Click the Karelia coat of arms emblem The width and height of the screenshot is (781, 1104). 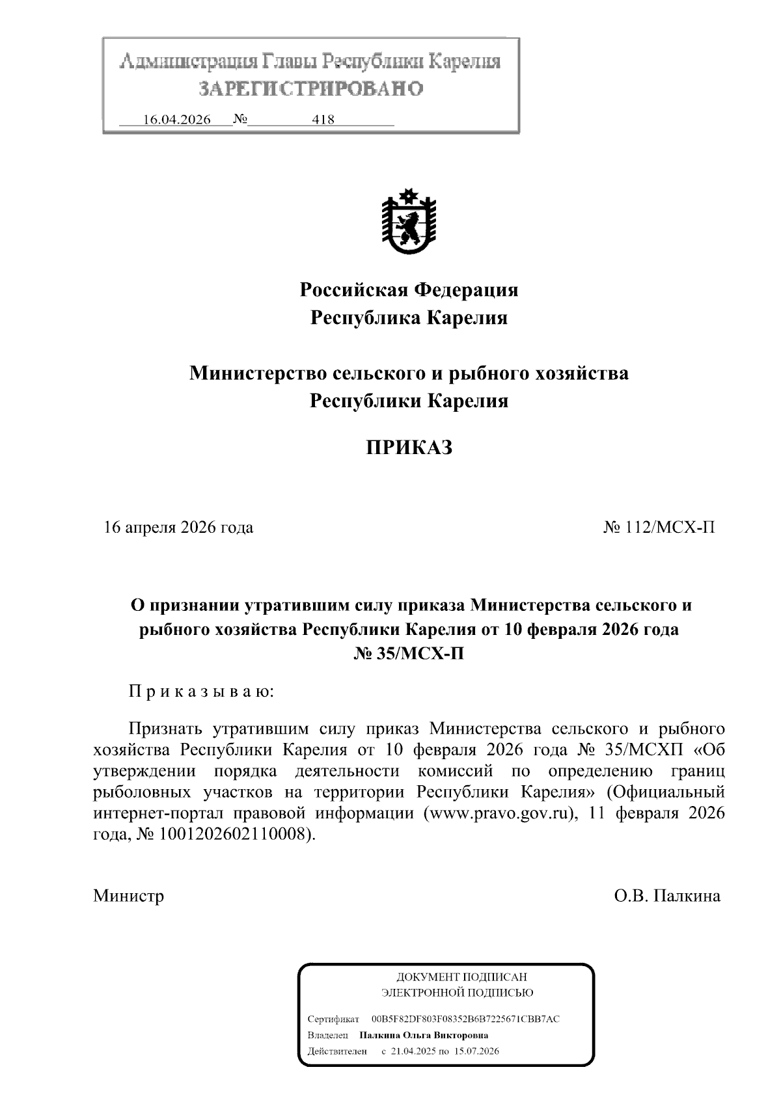pyautogui.click(x=409, y=222)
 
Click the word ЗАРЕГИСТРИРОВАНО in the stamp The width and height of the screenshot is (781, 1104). pyautogui.click(x=310, y=88)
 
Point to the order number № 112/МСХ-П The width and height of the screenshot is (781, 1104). pyautogui.click(x=659, y=527)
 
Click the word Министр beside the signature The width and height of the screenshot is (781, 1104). pyautogui.click(x=128, y=896)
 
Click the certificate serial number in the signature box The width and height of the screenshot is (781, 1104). pyautogui.click(x=465, y=1019)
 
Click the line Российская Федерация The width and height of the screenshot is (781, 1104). pyautogui.click(x=409, y=289)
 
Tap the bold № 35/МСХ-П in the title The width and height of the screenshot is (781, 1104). pyautogui.click(x=409, y=654)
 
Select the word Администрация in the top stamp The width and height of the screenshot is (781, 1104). pyautogui.click(x=188, y=62)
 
